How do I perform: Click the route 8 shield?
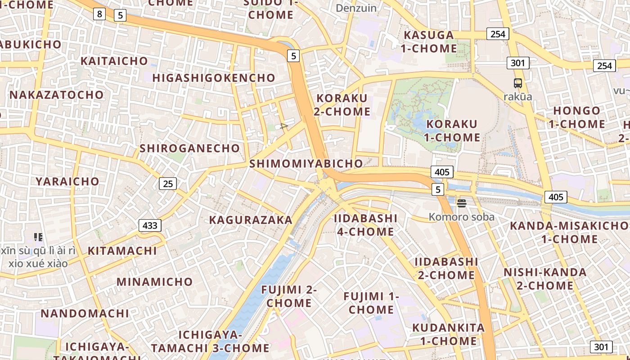click(99, 14)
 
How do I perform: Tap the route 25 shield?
click(168, 184)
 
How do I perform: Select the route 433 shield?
click(150, 225)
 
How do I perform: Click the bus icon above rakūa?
click(518, 83)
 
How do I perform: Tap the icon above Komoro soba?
click(461, 203)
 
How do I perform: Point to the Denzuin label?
click(356, 8)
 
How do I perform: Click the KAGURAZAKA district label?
click(251, 220)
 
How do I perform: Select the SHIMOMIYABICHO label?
click(306, 164)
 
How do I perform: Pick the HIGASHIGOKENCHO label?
click(214, 78)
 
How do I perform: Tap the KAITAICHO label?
click(114, 61)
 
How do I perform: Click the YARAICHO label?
click(67, 181)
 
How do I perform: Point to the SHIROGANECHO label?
click(190, 148)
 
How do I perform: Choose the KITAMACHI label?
click(122, 251)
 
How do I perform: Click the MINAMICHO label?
click(155, 282)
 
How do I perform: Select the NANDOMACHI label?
click(85, 313)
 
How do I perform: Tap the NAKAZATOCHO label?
click(57, 95)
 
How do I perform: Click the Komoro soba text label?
click(461, 217)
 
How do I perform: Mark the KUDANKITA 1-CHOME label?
click(449, 334)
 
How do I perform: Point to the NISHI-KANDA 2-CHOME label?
click(545, 279)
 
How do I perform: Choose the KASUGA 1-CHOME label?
click(429, 41)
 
